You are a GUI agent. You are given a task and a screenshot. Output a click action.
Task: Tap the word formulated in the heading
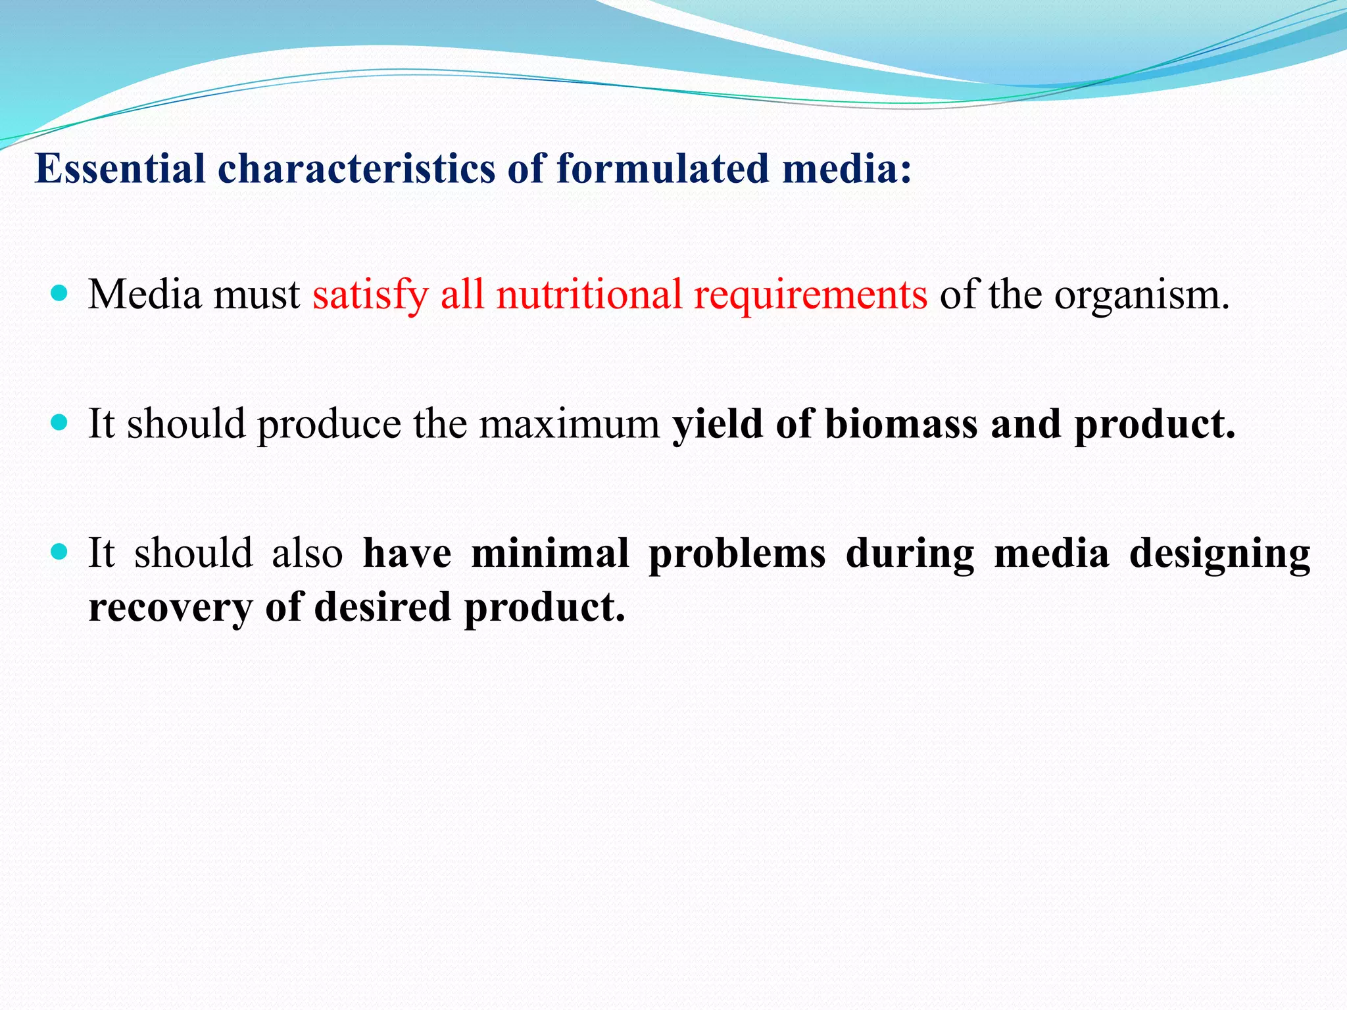pos(662,168)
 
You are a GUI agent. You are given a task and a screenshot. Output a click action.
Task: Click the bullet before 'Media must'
pos(59,293)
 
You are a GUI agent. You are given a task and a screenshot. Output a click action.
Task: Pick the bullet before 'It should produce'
pos(59,422)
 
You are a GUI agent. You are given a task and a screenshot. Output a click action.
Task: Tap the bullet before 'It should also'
pos(59,552)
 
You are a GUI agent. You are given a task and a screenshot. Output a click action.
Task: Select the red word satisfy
pos(370,295)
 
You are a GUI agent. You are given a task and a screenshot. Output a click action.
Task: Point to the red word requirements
pos(810,295)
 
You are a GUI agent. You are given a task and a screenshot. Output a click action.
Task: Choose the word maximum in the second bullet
pos(569,423)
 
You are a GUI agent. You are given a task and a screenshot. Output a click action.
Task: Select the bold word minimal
pos(550,553)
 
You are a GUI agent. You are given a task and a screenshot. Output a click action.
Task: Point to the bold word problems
pos(737,553)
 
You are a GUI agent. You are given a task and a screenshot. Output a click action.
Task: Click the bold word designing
pos(1219,554)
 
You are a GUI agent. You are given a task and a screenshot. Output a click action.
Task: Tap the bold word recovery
pos(170,607)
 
